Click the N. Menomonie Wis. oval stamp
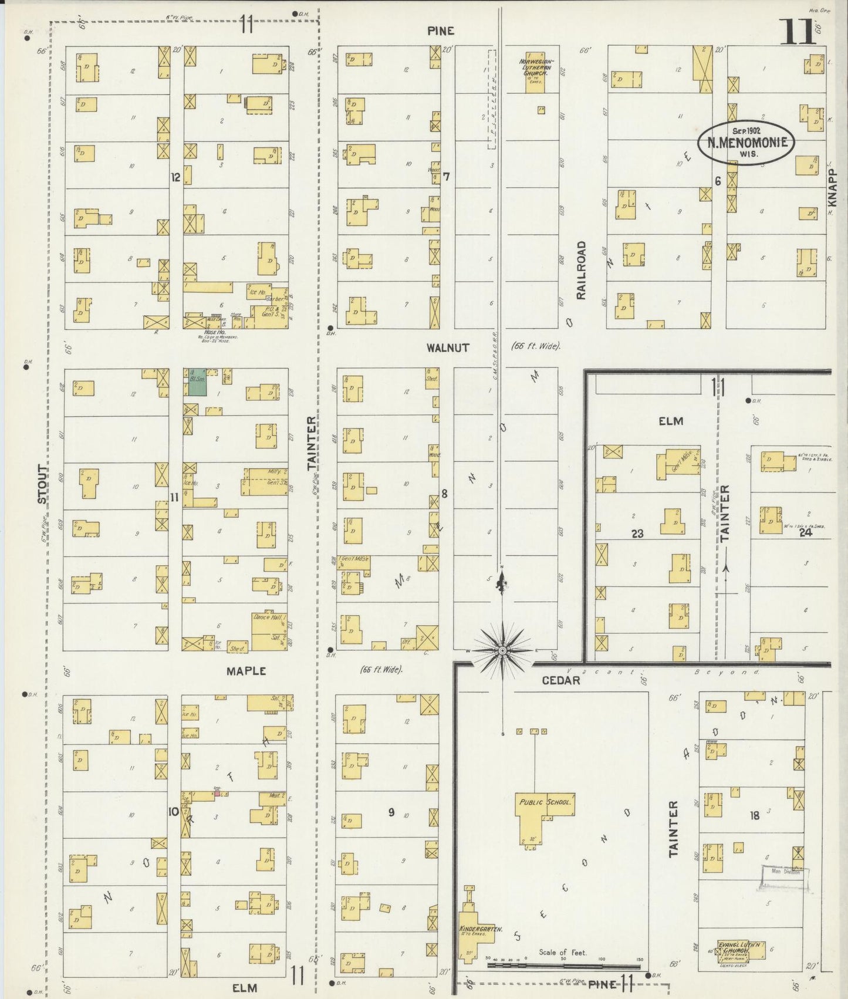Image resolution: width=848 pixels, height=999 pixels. pos(746,143)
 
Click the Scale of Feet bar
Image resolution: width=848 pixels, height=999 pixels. pos(563,966)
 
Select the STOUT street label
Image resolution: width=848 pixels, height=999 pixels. pos(42,484)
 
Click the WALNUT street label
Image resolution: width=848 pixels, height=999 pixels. pos(448,347)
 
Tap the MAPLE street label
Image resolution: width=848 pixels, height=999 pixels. pos(246,671)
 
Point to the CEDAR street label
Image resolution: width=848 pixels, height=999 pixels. pos(560,680)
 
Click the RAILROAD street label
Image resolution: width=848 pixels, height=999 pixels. pos(581,270)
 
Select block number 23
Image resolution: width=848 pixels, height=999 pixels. pos(637,534)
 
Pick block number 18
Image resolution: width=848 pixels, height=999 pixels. pos(754,815)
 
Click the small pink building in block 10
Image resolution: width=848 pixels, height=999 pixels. pos(217,793)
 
